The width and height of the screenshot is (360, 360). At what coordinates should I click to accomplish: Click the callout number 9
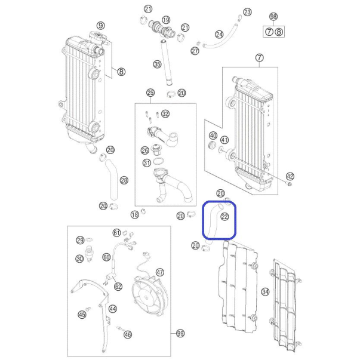100,26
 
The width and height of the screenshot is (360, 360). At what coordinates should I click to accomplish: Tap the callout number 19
166,20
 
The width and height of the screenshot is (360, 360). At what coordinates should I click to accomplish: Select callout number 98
273,17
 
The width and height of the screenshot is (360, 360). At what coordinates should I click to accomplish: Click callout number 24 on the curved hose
219,35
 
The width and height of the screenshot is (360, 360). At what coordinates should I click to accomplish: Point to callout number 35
157,64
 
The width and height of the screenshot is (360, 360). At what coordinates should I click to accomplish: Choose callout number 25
150,93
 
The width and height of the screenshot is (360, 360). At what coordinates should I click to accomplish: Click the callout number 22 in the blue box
224,217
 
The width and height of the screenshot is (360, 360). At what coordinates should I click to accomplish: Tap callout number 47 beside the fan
160,272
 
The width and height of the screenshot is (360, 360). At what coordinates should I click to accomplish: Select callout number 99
180,333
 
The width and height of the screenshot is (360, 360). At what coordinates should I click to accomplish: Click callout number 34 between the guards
266,292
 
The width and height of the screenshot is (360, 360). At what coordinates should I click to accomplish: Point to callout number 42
290,176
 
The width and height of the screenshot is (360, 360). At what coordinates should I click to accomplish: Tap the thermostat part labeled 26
157,149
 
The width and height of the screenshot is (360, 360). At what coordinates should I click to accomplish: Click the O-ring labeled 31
158,161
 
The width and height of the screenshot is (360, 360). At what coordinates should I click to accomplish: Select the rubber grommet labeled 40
212,146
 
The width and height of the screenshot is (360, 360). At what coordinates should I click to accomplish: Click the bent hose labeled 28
112,180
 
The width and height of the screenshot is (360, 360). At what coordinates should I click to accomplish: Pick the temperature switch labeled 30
90,254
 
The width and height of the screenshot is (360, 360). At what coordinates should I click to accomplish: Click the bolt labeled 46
120,328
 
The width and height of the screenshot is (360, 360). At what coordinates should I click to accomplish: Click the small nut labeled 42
290,184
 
